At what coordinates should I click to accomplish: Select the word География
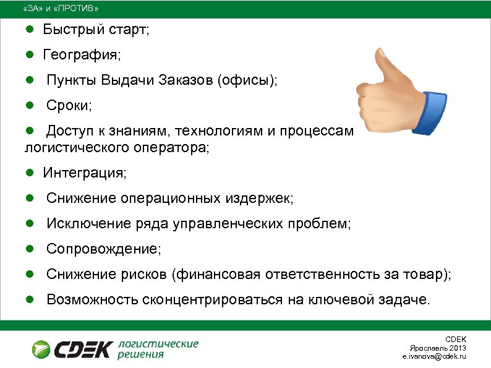point(82,56)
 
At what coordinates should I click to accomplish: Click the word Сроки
point(69,106)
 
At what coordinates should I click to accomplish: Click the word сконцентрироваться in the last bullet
point(213,301)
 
